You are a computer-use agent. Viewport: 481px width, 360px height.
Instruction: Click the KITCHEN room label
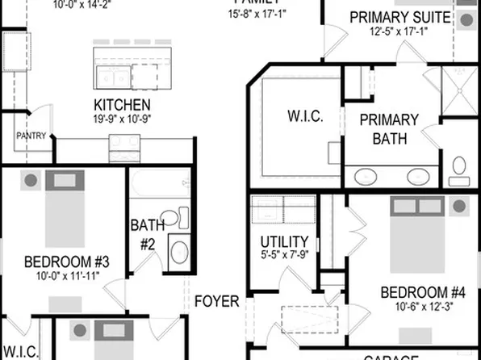coord(122,105)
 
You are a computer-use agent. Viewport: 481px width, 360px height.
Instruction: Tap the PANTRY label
coord(31,136)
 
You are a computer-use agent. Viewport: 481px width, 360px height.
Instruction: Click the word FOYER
coord(217,302)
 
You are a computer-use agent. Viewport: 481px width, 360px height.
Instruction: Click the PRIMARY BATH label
coord(390,129)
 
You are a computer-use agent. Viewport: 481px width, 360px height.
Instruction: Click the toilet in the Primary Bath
coord(460,170)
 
